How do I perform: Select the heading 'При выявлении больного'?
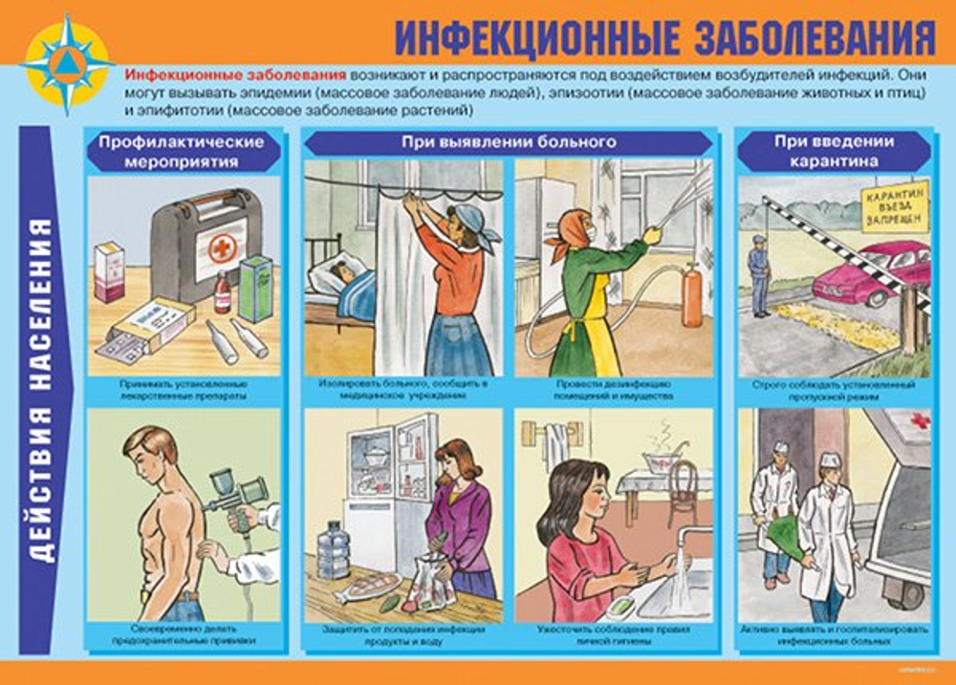click(507, 142)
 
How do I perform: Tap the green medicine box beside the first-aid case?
click(254, 288)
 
